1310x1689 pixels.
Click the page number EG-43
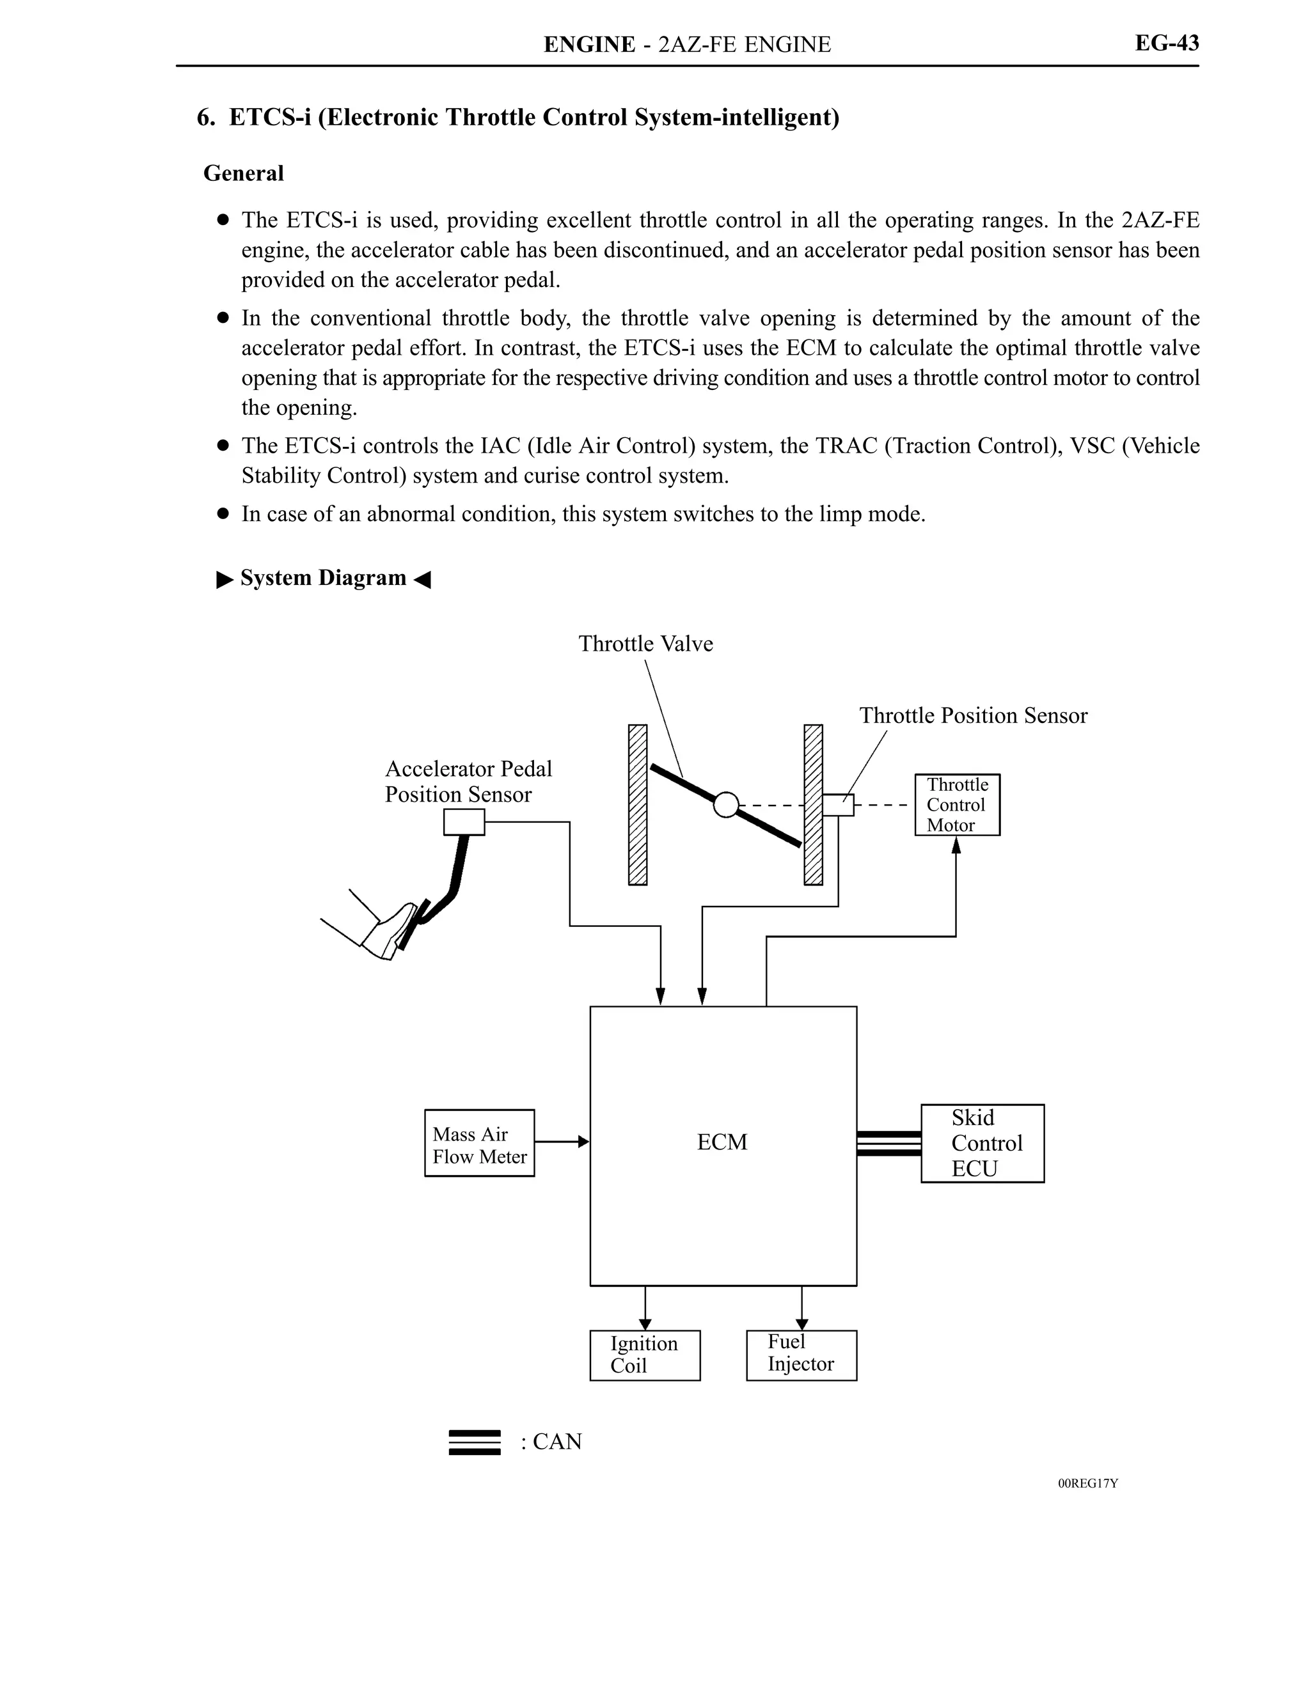pos(1166,43)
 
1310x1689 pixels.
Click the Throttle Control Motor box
pos(956,804)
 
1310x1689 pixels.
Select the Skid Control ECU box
pos(981,1143)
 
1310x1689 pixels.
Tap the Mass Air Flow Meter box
pos(479,1143)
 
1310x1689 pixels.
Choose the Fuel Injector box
pos(801,1355)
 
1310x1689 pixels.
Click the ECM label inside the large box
pos(722,1142)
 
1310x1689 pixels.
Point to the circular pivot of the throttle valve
pos(726,805)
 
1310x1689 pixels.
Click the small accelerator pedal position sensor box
pos(464,822)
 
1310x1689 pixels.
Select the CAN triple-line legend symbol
pos(475,1442)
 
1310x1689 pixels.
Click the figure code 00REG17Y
pos(1087,1483)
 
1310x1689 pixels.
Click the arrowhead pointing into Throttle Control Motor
pos(956,845)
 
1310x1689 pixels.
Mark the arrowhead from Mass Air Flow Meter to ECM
pos(583,1142)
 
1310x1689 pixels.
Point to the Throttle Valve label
pos(645,643)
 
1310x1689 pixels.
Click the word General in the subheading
pos(243,173)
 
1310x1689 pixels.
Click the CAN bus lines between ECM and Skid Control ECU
pos(888,1143)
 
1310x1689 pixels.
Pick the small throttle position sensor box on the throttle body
pos(838,805)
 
